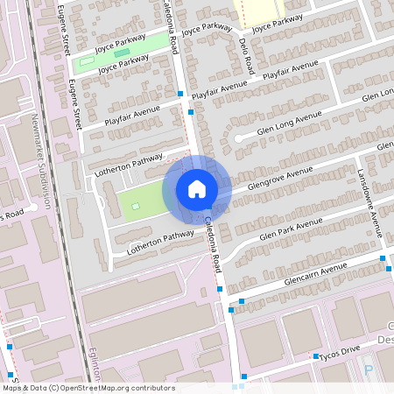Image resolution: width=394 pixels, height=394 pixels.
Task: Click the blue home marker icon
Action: click(196, 189)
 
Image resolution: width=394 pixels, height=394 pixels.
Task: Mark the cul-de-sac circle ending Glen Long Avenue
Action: click(237, 138)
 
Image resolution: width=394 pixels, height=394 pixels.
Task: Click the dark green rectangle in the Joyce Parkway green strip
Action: click(121, 54)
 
